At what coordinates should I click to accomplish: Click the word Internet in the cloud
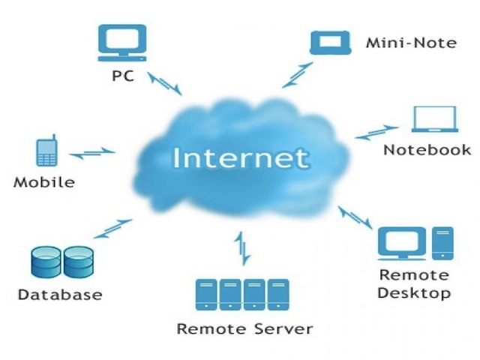(241, 158)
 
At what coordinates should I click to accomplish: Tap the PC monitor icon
(122, 43)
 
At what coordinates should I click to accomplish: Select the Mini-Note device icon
(330, 43)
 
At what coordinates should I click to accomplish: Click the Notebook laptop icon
(434, 120)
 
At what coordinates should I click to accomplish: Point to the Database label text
(60, 294)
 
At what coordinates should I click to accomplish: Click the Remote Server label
(244, 328)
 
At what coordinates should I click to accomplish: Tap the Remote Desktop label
(414, 283)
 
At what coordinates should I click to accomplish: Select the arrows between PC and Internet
(164, 83)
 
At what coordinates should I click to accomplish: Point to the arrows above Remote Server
(241, 249)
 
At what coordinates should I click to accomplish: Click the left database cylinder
(46, 263)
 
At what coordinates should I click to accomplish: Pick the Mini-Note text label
(410, 43)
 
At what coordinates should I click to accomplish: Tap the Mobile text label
(44, 182)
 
